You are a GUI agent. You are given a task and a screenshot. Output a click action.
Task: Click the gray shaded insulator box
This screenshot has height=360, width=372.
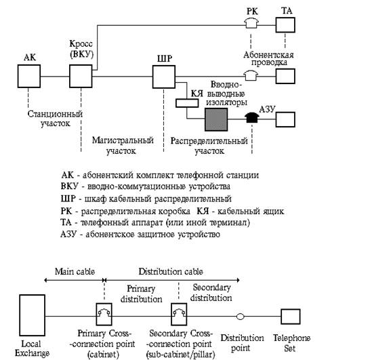[216, 119]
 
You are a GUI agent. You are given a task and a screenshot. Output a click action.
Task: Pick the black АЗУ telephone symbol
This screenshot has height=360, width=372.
[251, 117]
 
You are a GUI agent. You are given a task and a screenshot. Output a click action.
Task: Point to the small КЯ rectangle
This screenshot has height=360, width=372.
[187, 103]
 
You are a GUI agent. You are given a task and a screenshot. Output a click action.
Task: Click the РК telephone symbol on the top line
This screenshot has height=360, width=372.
[251, 24]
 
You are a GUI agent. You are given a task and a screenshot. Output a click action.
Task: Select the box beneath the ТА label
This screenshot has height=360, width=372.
[285, 24]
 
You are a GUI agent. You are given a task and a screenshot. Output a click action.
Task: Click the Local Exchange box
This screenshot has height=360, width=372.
[33, 315]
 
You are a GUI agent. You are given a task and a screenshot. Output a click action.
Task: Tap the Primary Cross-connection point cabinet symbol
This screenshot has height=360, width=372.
[104, 314]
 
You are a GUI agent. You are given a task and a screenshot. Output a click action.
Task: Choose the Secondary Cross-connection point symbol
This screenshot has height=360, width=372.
[179, 314]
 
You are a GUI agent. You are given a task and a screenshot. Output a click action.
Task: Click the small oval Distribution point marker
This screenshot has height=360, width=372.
[240, 317]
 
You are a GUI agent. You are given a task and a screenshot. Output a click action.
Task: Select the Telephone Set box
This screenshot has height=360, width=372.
[291, 317]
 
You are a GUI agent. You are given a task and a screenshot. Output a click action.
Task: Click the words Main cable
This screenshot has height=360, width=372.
[75, 271]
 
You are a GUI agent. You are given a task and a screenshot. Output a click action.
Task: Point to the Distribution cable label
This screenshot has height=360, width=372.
[171, 271]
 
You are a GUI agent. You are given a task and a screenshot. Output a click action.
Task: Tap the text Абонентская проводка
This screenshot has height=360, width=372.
[268, 58]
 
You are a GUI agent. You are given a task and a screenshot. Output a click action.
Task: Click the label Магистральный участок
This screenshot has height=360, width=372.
[123, 145]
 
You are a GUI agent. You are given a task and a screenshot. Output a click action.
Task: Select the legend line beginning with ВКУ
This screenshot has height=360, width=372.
[146, 186]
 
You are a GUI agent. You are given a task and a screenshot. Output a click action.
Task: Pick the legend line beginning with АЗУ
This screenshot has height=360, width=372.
[140, 235]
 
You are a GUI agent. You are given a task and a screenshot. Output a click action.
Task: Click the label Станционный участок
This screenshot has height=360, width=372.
[55, 119]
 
